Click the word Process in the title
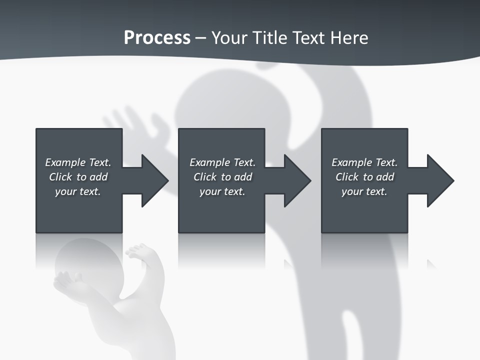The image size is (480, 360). [x=157, y=38]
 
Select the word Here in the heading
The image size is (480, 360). [x=348, y=38]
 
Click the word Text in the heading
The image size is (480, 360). [x=308, y=38]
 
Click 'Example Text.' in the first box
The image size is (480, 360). [x=78, y=162]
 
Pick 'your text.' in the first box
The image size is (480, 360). [x=78, y=191]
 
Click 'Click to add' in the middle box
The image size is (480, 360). [x=222, y=177]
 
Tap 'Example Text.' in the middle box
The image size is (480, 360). [x=222, y=162]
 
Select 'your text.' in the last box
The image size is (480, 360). [x=364, y=191]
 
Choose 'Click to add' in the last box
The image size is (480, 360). [x=364, y=177]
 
